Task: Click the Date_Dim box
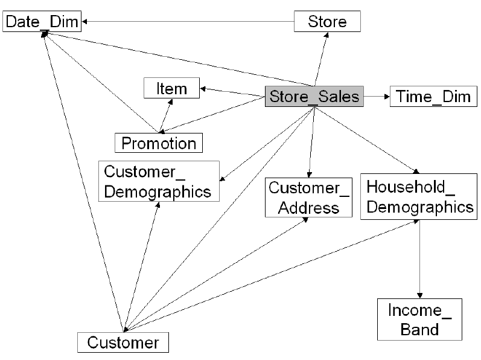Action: pos(42,23)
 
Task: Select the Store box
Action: pos(327,22)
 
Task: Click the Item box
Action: pos(171,88)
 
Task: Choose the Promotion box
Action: pos(159,143)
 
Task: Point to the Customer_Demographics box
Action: pos(158,181)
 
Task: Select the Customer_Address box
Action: pos(308,198)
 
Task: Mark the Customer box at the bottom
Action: pos(123,342)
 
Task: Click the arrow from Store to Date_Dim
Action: pos(188,22)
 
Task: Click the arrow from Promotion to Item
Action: pos(164,115)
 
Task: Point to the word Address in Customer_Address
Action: pos(309,208)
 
